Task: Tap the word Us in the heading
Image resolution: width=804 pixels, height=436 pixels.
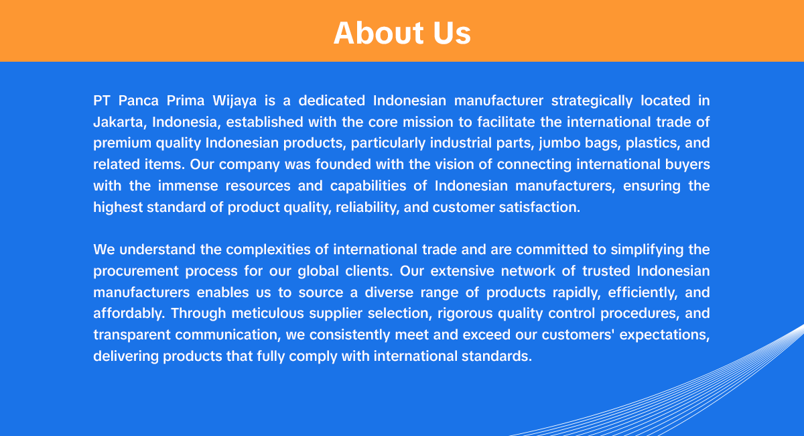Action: pyautogui.click(x=452, y=33)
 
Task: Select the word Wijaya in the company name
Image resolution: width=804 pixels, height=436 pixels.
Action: pyautogui.click(x=234, y=101)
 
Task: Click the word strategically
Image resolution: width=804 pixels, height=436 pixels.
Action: pyautogui.click(x=592, y=101)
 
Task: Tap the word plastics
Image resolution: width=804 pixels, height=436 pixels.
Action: pyautogui.click(x=657, y=144)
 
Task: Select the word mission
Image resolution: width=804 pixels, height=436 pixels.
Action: pyautogui.click(x=428, y=122)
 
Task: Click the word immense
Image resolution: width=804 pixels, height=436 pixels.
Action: pyautogui.click(x=188, y=186)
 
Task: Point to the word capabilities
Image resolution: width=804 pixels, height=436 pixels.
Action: pyautogui.click(x=368, y=186)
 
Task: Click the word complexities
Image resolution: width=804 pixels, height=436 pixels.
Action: pyautogui.click(x=268, y=250)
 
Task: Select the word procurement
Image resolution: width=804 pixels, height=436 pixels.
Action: pyautogui.click(x=136, y=272)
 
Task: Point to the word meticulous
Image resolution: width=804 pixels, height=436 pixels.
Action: pyautogui.click(x=268, y=313)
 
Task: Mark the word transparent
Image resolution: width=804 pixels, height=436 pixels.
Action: pyautogui.click(x=132, y=335)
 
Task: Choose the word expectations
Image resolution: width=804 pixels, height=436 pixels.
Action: pyautogui.click(x=665, y=335)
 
